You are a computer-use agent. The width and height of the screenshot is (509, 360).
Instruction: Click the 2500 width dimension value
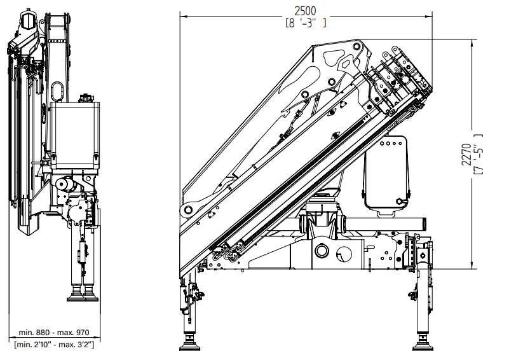click(305, 11)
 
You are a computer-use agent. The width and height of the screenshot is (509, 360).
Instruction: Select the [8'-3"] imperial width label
click(306, 23)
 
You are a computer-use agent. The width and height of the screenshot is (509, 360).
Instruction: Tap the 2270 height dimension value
click(466, 155)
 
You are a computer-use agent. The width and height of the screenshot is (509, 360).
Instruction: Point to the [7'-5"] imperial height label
click(478, 154)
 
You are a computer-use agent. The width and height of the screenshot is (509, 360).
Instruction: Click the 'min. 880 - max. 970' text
click(54, 333)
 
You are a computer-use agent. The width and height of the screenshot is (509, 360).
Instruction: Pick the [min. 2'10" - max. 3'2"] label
click(54, 344)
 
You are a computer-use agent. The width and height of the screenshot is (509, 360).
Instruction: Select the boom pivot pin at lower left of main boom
click(188, 210)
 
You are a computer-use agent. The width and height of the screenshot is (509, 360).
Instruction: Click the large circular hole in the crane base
click(322, 251)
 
